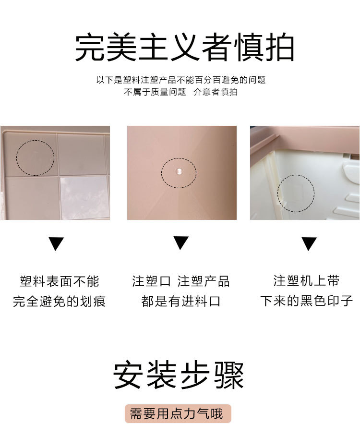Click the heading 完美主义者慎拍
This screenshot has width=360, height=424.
point(184,48)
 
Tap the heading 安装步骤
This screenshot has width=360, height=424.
point(179,375)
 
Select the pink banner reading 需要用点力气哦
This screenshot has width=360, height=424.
point(179,413)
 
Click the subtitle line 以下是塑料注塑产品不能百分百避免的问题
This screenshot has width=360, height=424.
point(180,80)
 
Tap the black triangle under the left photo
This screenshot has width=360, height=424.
point(56,243)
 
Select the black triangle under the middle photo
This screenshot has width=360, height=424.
point(181,242)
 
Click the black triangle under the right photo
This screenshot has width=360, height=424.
point(309,243)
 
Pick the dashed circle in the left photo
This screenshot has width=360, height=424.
point(36,158)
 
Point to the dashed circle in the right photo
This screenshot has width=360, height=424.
point(296,194)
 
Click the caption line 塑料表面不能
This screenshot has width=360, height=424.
point(60,281)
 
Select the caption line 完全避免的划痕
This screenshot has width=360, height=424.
point(60,302)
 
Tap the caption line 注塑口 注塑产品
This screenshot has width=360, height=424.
point(181,281)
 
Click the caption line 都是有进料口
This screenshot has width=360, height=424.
point(181,302)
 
